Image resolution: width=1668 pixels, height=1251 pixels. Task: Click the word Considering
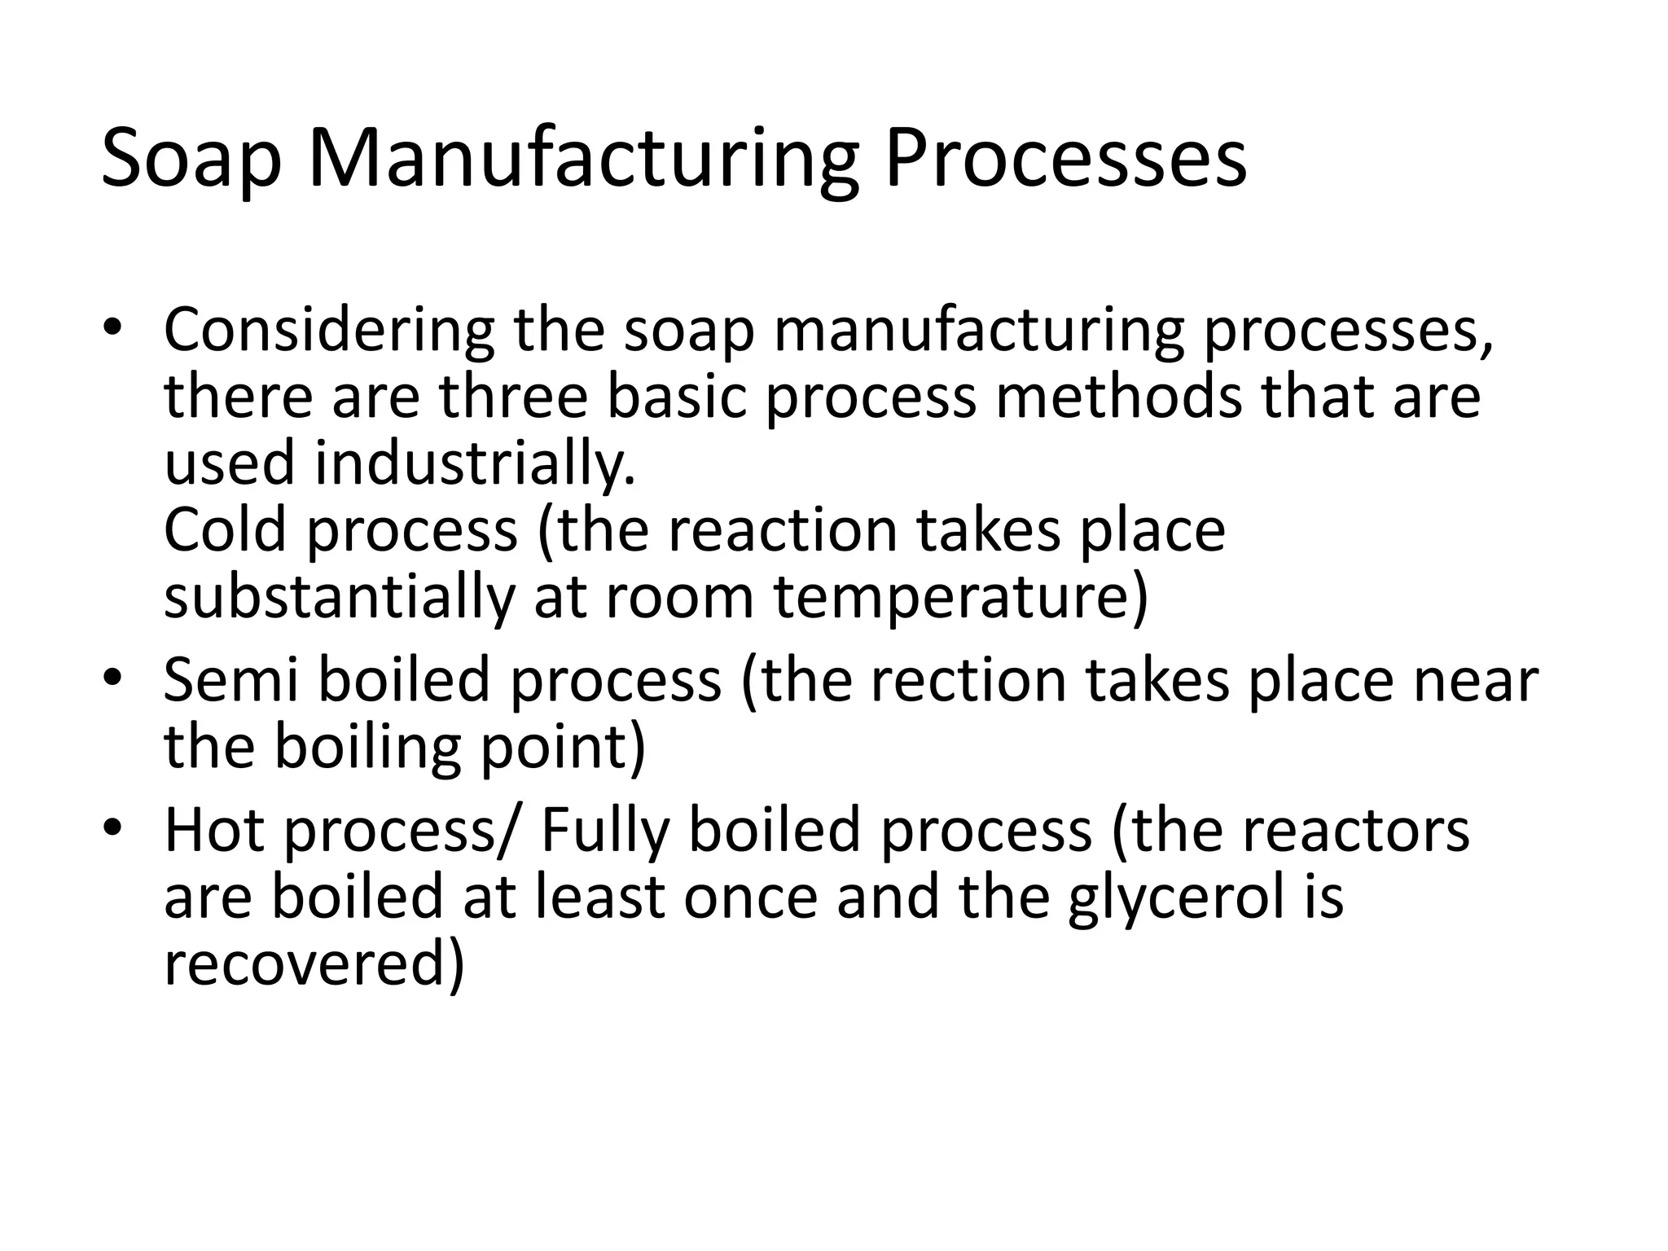(328, 331)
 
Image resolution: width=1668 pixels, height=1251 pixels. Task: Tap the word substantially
(339, 596)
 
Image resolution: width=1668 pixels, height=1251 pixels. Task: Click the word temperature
(960, 596)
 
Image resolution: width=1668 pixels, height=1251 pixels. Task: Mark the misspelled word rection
(968, 680)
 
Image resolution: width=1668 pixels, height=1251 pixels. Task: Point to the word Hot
(214, 830)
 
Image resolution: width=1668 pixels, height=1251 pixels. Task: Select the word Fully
(604, 830)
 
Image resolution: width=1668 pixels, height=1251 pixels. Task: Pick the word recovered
(314, 963)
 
